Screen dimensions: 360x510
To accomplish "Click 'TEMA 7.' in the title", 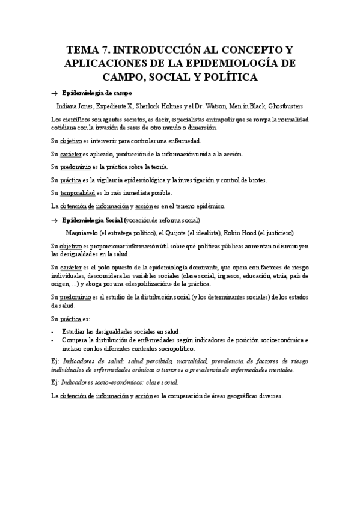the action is pyautogui.click(x=90, y=49).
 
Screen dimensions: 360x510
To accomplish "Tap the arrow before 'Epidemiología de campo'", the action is pyautogui.click(x=54, y=94).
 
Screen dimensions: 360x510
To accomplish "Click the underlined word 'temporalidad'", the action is pyautogui.click(x=81, y=193).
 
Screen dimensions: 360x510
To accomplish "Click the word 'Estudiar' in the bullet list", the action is pyautogui.click(x=76, y=331).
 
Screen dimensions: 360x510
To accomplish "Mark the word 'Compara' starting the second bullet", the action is pyautogui.click(x=76, y=340).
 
